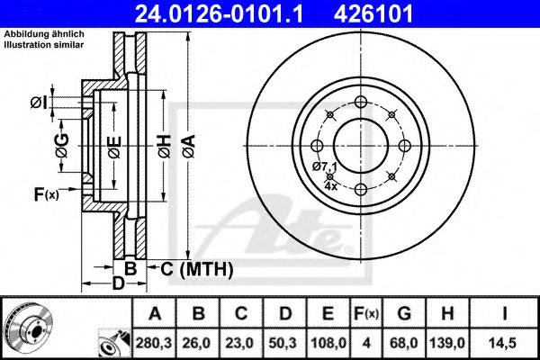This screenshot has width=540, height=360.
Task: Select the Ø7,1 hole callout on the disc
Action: coord(324,167)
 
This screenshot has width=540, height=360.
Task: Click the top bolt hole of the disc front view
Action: coord(361,101)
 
